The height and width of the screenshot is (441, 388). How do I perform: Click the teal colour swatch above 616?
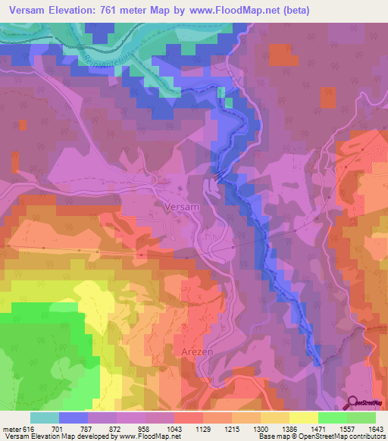[x=45, y=418]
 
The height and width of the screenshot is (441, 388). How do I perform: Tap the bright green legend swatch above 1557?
[x=332, y=418]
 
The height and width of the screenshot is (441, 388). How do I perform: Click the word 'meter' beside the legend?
[x=11, y=429]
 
